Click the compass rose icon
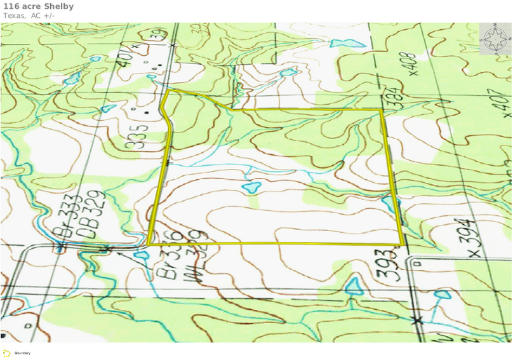point(495,40)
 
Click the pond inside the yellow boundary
point(251,188)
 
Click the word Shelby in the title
point(58,6)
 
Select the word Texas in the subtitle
point(13,15)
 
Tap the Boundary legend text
point(22,353)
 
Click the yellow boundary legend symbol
point(6,352)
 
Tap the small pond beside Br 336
point(140,256)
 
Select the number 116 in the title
point(10,6)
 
